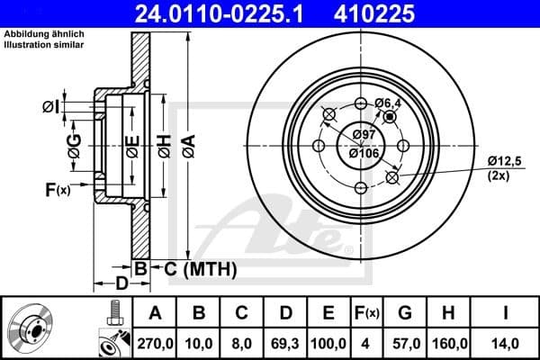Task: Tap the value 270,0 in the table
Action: pos(155,343)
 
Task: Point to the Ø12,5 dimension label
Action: pos(504,160)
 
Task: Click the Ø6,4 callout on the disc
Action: pos(388,104)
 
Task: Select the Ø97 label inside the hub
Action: pos(364,134)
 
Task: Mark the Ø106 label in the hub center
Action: pos(364,153)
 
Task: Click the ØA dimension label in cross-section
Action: pos(188,141)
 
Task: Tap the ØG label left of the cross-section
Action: pos(75,143)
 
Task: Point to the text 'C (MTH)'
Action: pos(194,268)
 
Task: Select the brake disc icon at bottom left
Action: pos(34,329)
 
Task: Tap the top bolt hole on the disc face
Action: pos(361,103)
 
